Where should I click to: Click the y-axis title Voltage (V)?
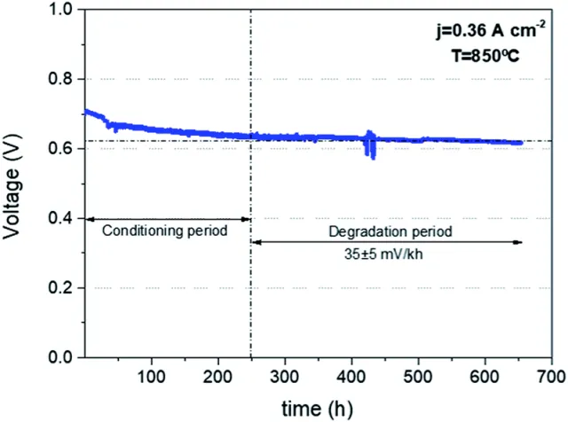coord(12,187)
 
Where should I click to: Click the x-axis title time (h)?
coord(317,409)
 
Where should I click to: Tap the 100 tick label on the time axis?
coord(152,377)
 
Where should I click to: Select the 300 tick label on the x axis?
coord(285,377)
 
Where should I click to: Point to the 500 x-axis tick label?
coord(418,377)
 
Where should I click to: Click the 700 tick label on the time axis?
coord(552,377)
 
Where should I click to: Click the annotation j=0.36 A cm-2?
coord(491,30)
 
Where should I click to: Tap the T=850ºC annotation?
coord(485,56)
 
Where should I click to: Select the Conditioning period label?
coord(165,231)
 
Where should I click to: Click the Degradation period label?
coord(390,231)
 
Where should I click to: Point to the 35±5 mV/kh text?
coord(383,254)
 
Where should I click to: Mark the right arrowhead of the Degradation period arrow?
coord(517,242)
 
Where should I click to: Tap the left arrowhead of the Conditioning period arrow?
coord(91,219)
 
